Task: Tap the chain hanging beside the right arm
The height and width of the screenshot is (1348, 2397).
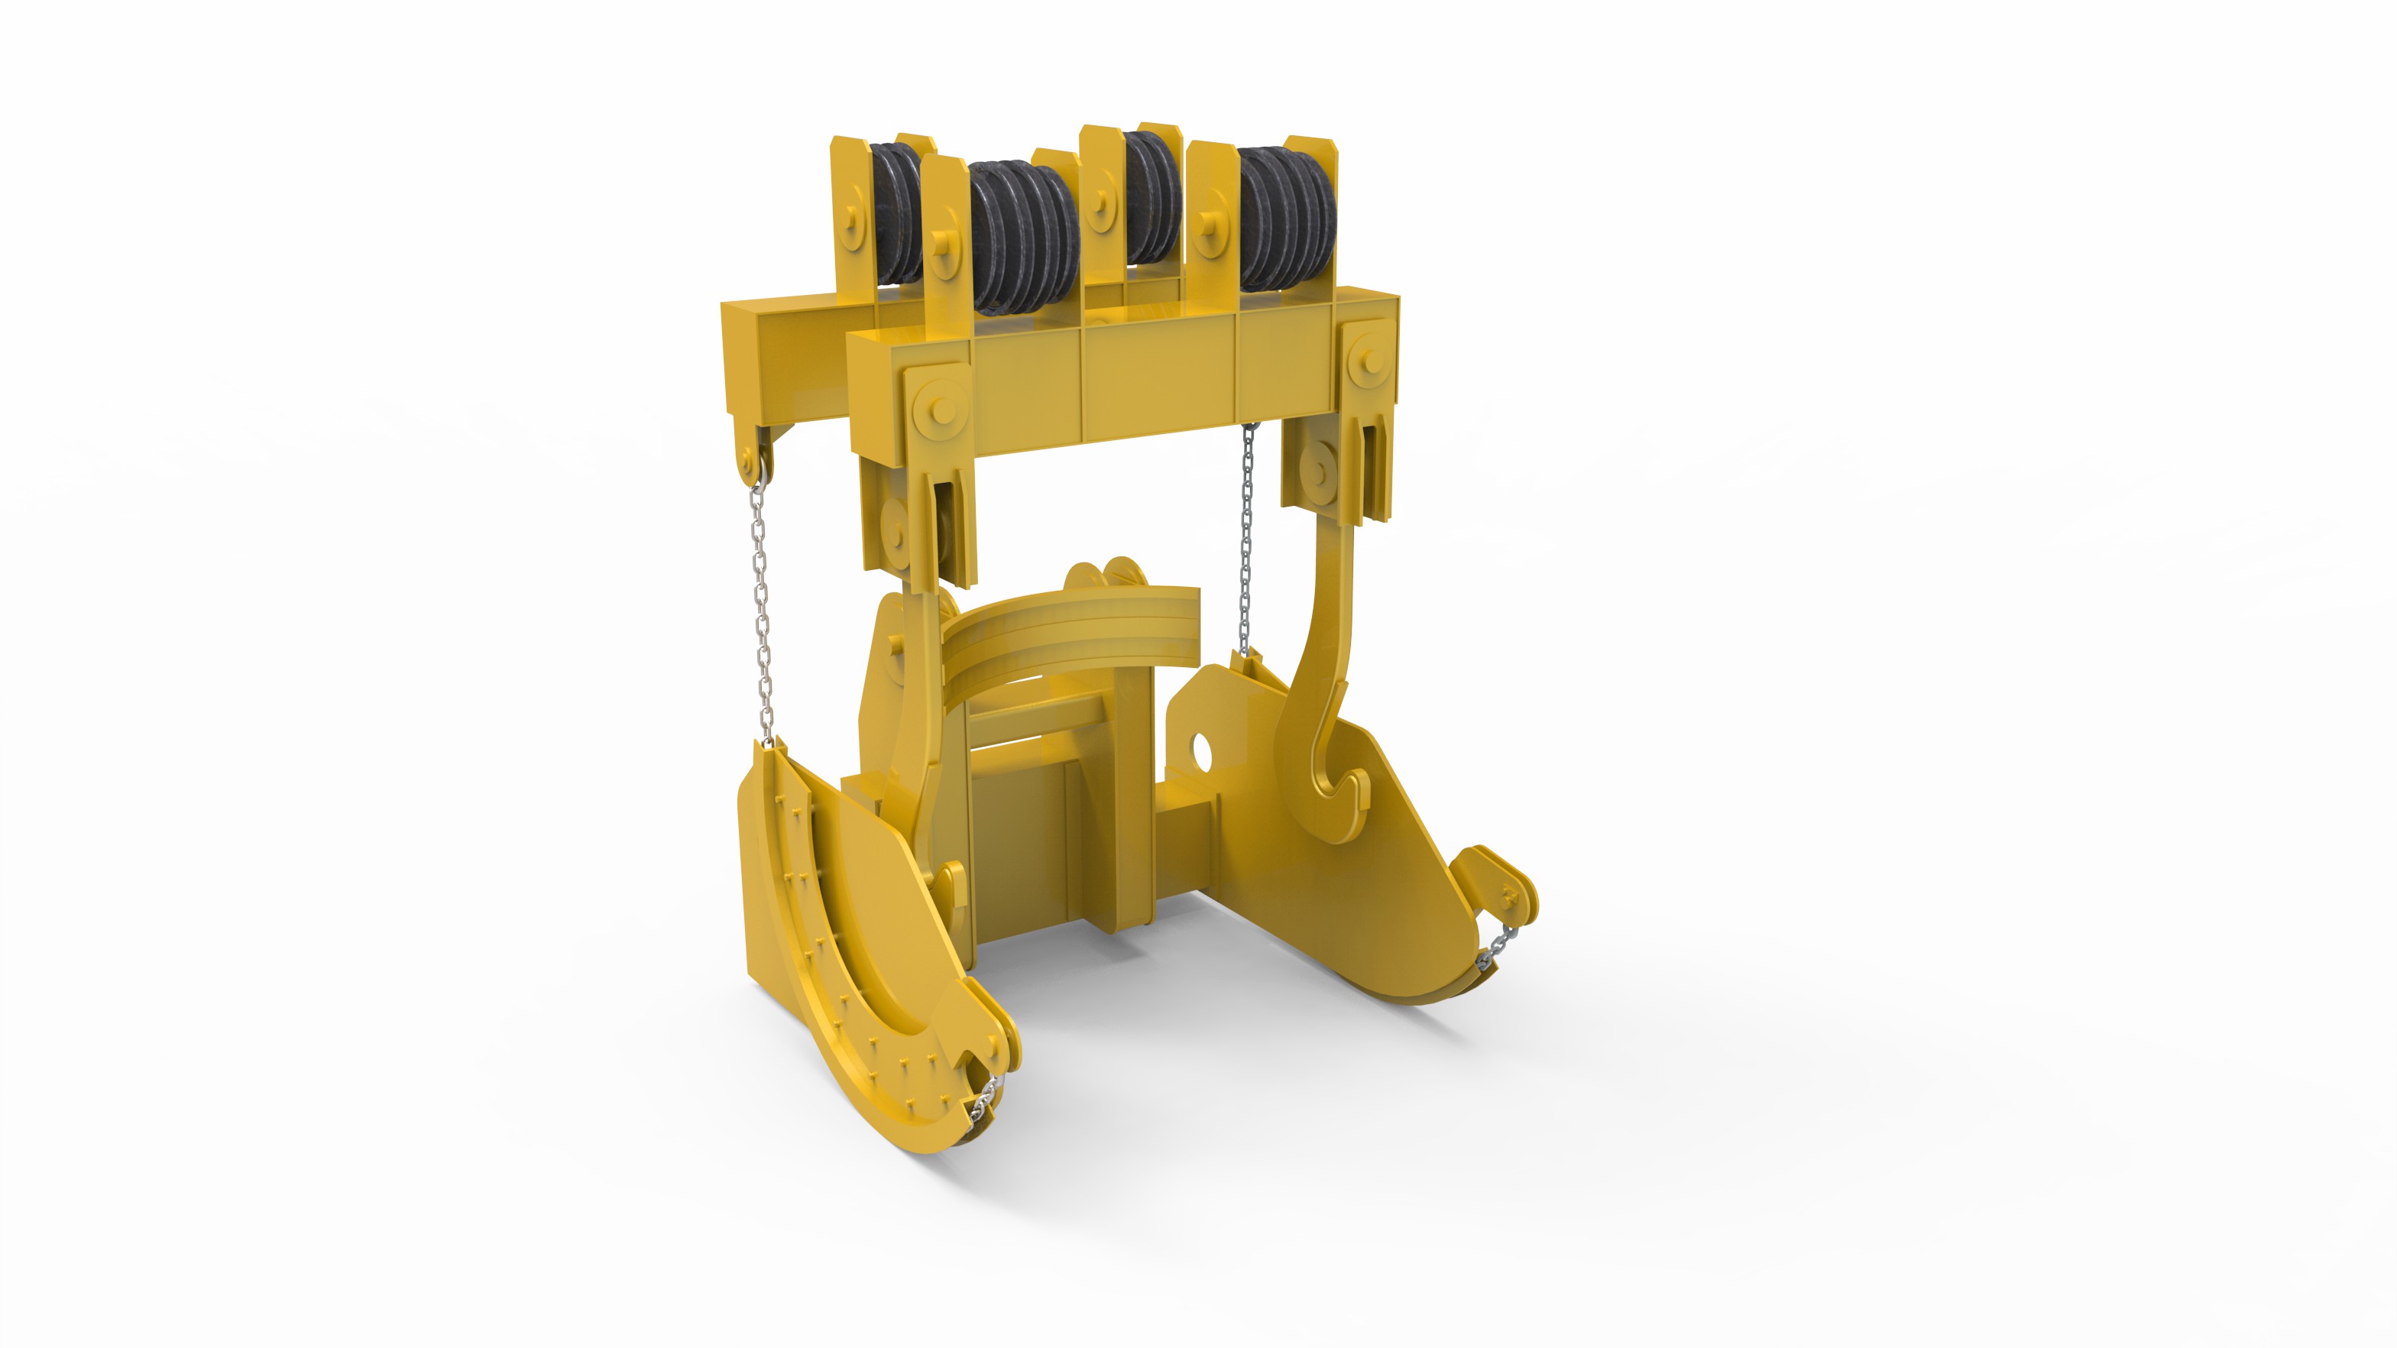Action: (1248, 540)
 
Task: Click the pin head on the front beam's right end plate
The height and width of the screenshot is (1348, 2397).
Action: (1368, 355)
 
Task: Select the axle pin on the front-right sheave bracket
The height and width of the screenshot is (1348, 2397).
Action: (1210, 223)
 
